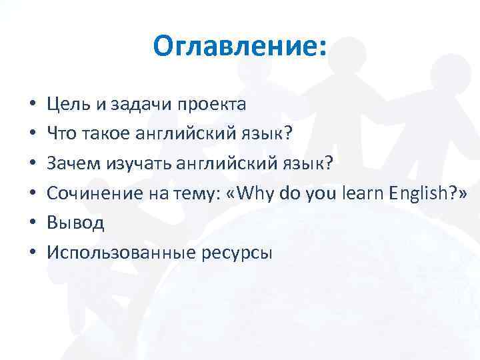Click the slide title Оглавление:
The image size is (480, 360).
pyautogui.click(x=240, y=47)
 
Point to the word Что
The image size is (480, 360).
pyautogui.click(x=61, y=134)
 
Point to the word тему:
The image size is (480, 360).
pyautogui.click(x=191, y=194)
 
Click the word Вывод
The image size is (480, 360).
pyautogui.click(x=75, y=223)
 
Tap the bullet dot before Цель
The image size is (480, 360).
pyautogui.click(x=31, y=105)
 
